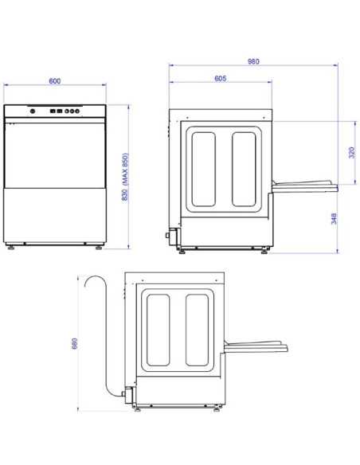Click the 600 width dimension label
point(55,81)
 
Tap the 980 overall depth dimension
point(253,61)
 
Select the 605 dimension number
point(221,78)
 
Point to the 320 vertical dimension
point(352,152)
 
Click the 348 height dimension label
point(335,218)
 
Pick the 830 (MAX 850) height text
point(125,177)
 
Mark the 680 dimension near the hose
point(75,343)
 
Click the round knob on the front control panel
point(33,111)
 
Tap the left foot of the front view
point(10,247)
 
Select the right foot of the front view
point(99,247)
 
